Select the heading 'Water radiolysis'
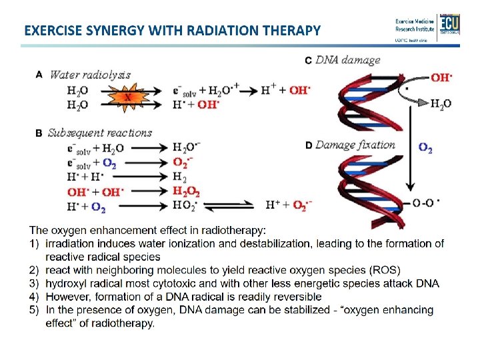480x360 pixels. [90, 75]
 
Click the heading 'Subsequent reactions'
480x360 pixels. [100, 133]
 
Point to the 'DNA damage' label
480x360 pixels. [348, 60]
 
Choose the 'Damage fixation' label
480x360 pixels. [355, 145]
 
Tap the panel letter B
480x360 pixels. [39, 133]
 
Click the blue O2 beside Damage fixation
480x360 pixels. [425, 149]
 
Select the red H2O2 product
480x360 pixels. [186, 191]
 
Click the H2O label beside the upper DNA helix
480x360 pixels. [440, 103]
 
